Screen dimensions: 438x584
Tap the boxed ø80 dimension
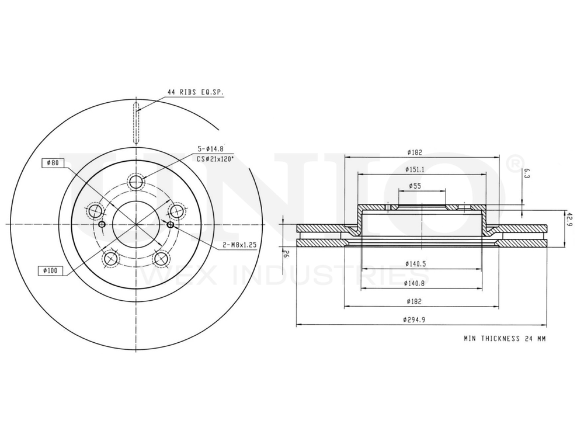tap(53, 163)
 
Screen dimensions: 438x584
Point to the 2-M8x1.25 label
tap(239, 245)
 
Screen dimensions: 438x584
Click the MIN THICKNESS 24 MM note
tap(505, 338)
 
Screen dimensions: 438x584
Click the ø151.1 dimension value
tap(415, 169)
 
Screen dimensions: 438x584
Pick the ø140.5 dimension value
tap(415, 264)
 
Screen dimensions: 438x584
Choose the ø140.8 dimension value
tap(415, 283)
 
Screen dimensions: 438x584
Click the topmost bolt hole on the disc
tap(136, 182)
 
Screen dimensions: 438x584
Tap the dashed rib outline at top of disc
tap(136, 123)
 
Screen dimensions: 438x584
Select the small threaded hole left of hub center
tap(102, 225)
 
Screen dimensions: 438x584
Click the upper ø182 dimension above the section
tap(415, 152)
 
